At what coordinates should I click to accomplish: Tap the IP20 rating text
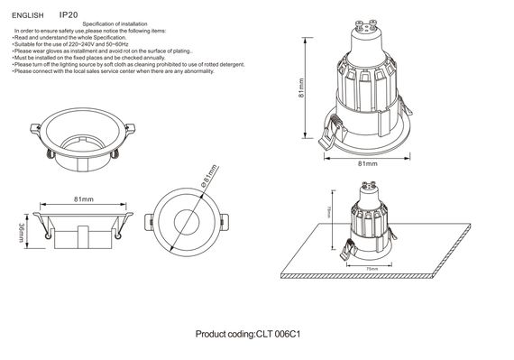coord(68,15)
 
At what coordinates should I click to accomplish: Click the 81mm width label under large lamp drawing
coord(367,163)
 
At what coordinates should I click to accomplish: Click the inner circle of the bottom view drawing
coord(188,223)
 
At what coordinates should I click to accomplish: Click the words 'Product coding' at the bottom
coord(225,334)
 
